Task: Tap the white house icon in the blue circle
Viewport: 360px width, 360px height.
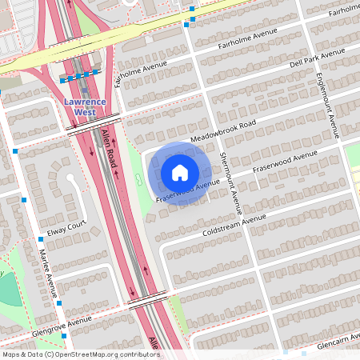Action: (x=180, y=173)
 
